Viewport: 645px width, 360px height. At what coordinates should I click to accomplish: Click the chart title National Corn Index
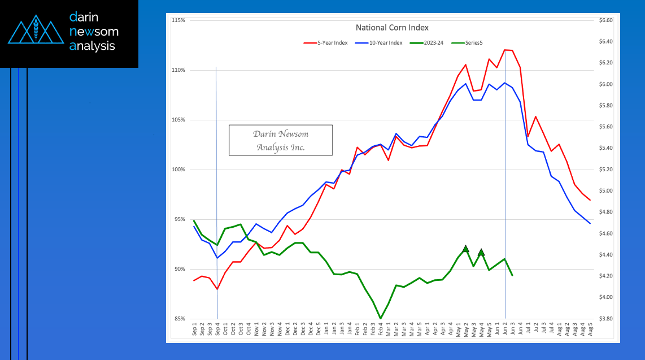coord(392,27)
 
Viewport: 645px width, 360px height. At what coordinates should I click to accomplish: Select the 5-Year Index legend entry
coord(328,43)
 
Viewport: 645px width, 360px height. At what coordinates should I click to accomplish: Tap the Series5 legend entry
coord(473,43)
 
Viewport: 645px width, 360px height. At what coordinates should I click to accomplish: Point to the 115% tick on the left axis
coord(178,20)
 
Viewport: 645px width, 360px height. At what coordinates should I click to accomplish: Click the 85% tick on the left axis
coord(180,319)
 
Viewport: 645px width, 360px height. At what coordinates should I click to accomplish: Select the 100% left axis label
coord(178,170)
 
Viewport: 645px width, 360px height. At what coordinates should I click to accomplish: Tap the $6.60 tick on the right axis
coord(605,20)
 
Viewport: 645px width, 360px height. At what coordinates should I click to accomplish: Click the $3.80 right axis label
coord(605,319)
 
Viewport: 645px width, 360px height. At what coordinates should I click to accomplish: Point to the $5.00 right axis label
coord(605,191)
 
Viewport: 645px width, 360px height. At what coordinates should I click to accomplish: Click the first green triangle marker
coord(465,249)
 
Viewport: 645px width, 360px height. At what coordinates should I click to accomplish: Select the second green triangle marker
coord(481,252)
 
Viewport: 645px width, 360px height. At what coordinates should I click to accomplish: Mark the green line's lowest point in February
coord(381,318)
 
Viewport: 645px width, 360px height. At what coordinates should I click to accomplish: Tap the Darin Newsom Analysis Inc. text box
coord(281,140)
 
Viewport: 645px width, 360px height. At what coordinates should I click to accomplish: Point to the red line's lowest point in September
coord(217,289)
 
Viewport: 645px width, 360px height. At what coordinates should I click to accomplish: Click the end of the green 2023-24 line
coord(512,275)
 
